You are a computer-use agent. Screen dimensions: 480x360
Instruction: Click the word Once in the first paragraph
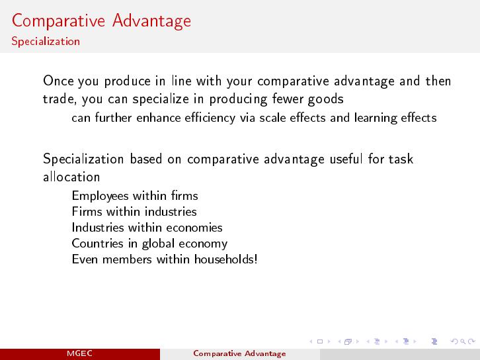pos(59,81)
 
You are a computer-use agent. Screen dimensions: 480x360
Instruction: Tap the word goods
pos(326,99)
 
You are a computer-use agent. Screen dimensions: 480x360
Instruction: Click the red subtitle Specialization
pos(46,42)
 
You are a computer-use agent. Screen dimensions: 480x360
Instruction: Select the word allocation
pos(71,177)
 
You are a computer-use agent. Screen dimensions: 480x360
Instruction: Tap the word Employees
pos(100,196)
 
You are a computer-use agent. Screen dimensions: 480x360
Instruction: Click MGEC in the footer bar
pos(79,353)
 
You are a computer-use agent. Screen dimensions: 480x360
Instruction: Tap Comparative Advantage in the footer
pos(240,353)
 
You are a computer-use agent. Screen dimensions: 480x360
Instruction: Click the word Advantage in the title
pos(151,21)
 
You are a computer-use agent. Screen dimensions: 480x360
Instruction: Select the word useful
pos(346,159)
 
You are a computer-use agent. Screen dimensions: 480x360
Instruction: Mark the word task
pos(401,159)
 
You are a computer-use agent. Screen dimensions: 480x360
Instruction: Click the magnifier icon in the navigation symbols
pos(463,341)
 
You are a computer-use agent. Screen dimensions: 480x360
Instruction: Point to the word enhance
pos(158,118)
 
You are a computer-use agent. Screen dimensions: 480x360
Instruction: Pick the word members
pos(127,259)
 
